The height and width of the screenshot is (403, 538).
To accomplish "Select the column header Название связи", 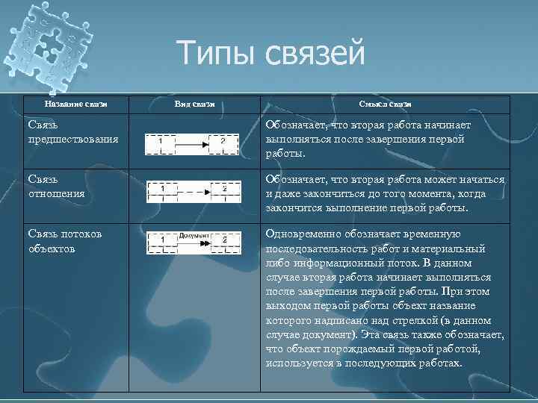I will pos(76,104).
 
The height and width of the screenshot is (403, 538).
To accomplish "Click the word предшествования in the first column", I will pos(73,139).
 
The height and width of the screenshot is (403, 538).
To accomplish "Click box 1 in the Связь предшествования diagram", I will pos(161,141).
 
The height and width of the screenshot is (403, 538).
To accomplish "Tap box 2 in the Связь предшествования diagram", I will pos(223,141).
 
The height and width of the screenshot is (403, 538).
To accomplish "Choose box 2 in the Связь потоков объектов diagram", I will pos(223,240).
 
